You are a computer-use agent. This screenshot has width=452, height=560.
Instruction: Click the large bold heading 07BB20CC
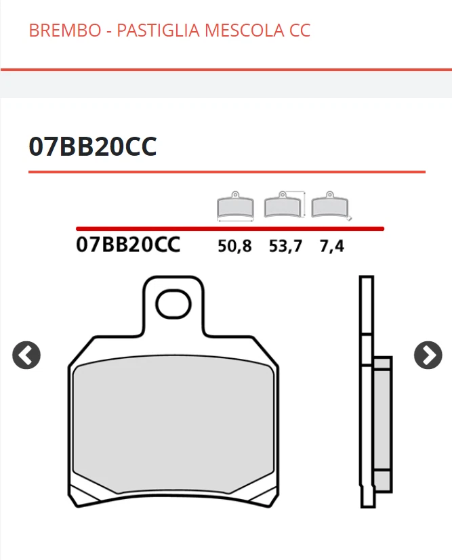pyautogui.click(x=93, y=146)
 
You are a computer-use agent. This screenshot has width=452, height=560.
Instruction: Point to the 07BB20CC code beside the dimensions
pyautogui.click(x=128, y=244)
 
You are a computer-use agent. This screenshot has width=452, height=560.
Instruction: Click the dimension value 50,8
pyautogui.click(x=234, y=246)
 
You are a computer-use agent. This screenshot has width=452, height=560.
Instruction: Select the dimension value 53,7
pyautogui.click(x=285, y=246)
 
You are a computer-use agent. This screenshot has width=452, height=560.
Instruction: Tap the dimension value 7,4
pyautogui.click(x=331, y=246)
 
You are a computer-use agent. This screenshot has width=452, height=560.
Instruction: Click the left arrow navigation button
pyautogui.click(x=26, y=356)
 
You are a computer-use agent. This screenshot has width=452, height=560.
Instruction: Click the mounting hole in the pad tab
pyautogui.click(x=173, y=304)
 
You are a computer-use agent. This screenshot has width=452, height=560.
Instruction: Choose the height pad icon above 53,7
pyautogui.click(x=285, y=204)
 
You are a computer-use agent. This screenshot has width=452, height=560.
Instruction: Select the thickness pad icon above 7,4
pyautogui.click(x=330, y=204)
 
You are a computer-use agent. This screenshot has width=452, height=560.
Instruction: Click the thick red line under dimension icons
pyautogui.click(x=230, y=229)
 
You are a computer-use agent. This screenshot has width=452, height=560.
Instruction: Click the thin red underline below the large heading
pyautogui.click(x=226, y=172)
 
